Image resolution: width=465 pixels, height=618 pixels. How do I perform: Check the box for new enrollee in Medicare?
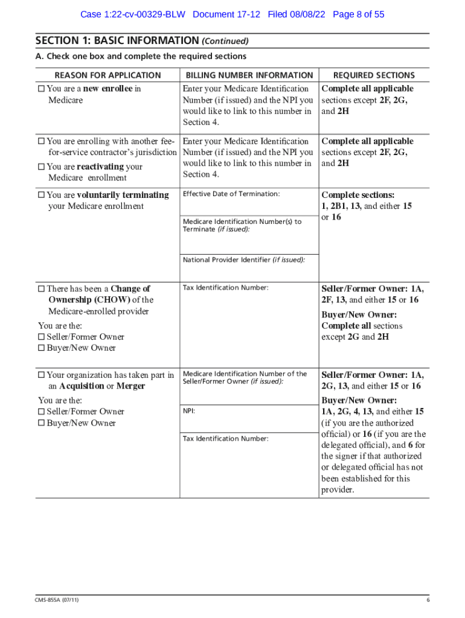tap(41, 89)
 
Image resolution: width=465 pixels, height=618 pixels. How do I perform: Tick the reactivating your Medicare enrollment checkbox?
tap(41, 167)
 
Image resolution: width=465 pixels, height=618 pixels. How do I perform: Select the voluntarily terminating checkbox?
tap(41, 196)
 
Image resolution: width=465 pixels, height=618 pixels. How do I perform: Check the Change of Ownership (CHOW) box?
tap(41, 289)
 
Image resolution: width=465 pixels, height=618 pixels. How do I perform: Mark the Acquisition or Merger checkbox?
tap(41, 375)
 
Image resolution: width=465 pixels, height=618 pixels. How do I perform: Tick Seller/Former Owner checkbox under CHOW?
tap(41, 337)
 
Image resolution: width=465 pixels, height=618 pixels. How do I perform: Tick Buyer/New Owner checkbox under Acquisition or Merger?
tap(41, 423)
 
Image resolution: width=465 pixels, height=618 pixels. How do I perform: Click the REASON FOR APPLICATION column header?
tap(107, 75)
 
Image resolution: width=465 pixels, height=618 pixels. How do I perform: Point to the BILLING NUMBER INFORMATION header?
tap(249, 75)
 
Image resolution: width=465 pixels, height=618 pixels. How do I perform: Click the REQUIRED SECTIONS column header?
tap(374, 75)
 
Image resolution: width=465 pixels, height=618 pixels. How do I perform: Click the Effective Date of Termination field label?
tap(231, 194)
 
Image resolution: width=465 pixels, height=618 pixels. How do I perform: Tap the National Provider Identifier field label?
tap(243, 260)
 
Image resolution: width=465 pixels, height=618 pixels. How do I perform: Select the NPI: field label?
tap(189, 411)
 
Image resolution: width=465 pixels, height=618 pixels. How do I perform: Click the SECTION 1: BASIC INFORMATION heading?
tap(117, 41)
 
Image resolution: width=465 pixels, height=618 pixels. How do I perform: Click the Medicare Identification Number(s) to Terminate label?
tap(242, 225)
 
